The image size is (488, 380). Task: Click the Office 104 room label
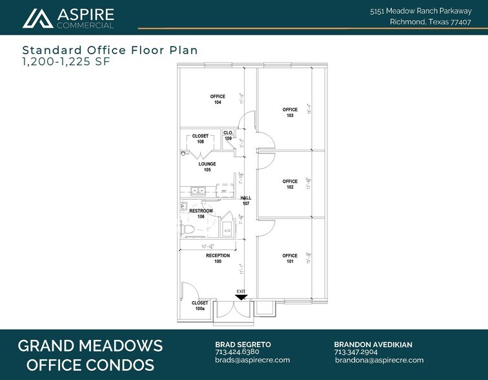[x=218, y=100]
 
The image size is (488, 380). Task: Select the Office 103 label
[x=290, y=112]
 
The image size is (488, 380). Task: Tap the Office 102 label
[x=290, y=184]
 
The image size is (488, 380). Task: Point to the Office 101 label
[x=290, y=259]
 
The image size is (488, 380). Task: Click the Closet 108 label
[x=201, y=138]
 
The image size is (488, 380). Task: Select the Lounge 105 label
[x=207, y=167]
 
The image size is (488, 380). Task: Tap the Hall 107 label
[x=245, y=201]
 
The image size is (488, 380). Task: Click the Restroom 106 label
[x=201, y=214]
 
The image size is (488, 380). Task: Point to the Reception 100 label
[x=218, y=259]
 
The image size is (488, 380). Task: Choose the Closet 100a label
[x=199, y=306]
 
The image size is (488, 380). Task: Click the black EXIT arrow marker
[x=241, y=297]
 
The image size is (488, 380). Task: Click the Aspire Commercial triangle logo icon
[x=37, y=18]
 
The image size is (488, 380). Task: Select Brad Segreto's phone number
[x=232, y=352]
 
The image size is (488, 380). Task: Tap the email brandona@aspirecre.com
[x=378, y=360]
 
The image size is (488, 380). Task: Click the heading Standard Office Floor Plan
[x=110, y=50]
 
